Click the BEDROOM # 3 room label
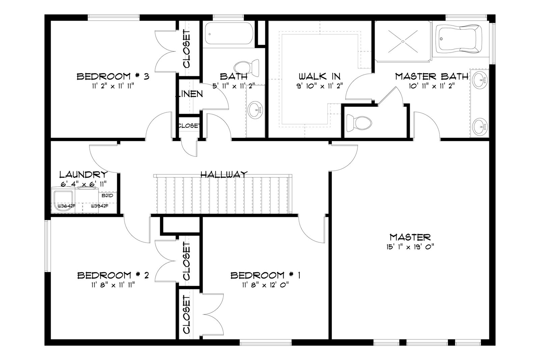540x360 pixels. [x=113, y=77]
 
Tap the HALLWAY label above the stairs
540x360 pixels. [x=224, y=174]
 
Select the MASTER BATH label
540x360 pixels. [x=432, y=76]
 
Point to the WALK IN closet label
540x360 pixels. [x=319, y=76]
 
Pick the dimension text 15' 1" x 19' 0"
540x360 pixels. [x=410, y=247]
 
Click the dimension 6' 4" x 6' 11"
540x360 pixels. [x=83, y=184]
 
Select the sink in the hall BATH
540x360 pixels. [x=255, y=110]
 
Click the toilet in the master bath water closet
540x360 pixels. [x=359, y=123]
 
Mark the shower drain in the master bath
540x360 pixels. [x=403, y=41]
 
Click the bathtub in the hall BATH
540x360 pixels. [x=229, y=34]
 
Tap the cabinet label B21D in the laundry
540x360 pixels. [x=107, y=195]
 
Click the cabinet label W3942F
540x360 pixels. [x=100, y=206]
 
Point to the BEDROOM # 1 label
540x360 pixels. [x=265, y=275]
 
